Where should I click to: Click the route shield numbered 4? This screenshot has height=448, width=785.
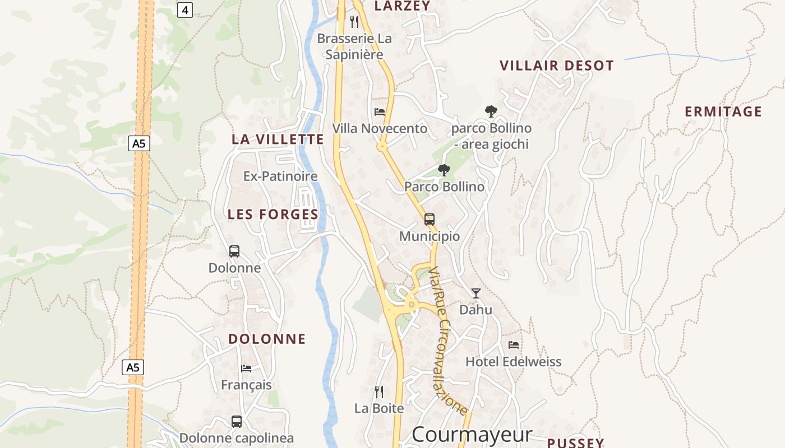pos(185,10)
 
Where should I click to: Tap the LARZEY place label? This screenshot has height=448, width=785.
pos(402,6)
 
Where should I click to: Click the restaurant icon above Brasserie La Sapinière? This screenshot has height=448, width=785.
pos(354,22)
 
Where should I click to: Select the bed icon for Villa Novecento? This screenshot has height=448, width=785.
pos(380,111)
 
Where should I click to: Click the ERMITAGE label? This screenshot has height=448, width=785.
pos(723,111)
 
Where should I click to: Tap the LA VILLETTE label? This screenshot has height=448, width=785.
pos(278,139)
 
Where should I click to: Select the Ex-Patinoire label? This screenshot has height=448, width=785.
pos(280,176)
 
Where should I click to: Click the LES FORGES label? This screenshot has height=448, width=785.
pos(273,214)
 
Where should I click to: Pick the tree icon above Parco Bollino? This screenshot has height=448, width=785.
pos(444,170)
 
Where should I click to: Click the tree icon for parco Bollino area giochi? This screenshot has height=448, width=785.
pos(491,111)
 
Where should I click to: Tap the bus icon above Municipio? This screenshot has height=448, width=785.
pos(430,219)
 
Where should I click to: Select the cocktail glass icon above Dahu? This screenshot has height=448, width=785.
pos(476,293)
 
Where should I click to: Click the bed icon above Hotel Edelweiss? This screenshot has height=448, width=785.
pos(514,344)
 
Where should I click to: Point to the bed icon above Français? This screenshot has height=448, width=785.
pos(246,368)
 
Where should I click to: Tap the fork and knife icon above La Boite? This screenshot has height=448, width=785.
pos(379,391)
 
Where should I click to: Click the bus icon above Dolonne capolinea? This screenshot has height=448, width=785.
pos(237,421)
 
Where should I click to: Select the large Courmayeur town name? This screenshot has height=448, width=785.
pos(472,435)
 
